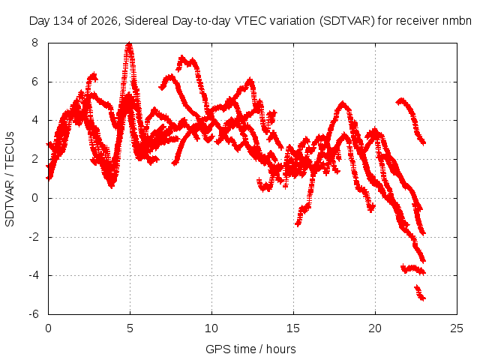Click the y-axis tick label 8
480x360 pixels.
coord(34,43)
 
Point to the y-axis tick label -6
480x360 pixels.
coord(34,314)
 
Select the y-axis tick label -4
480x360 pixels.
coord(34,275)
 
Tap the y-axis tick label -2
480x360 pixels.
coord(34,237)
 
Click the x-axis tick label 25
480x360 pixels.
coord(457,328)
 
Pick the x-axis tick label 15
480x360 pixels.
coord(293,328)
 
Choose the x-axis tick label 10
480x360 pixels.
coord(211,328)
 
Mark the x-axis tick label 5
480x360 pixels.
coord(130,328)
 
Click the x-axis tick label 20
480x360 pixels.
coord(375,328)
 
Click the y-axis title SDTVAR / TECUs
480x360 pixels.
coord(10,179)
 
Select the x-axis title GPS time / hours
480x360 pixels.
coord(250,349)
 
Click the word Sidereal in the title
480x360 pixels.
coord(146,21)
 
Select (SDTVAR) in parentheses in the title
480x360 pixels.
coord(346,21)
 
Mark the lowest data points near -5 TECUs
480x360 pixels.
coord(420,293)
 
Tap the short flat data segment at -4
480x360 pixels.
coord(413,269)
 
